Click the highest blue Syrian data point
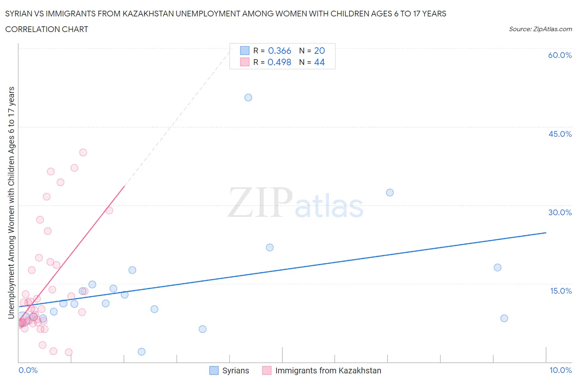point(248,97)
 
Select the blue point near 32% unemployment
point(390,193)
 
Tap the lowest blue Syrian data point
point(142,352)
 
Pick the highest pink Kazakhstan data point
point(83,152)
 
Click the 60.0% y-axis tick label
point(560,55)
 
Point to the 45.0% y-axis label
point(560,134)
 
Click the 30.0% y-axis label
point(560,212)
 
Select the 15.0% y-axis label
point(561,291)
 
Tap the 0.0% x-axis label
point(28,370)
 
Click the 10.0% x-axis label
point(561,370)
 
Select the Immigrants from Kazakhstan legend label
point(328,370)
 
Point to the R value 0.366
point(279,51)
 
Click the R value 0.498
point(279,62)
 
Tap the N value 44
point(319,62)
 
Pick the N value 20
point(319,51)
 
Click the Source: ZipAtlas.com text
point(540,29)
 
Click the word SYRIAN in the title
point(19,14)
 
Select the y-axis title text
point(11,203)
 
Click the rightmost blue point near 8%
point(504,318)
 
